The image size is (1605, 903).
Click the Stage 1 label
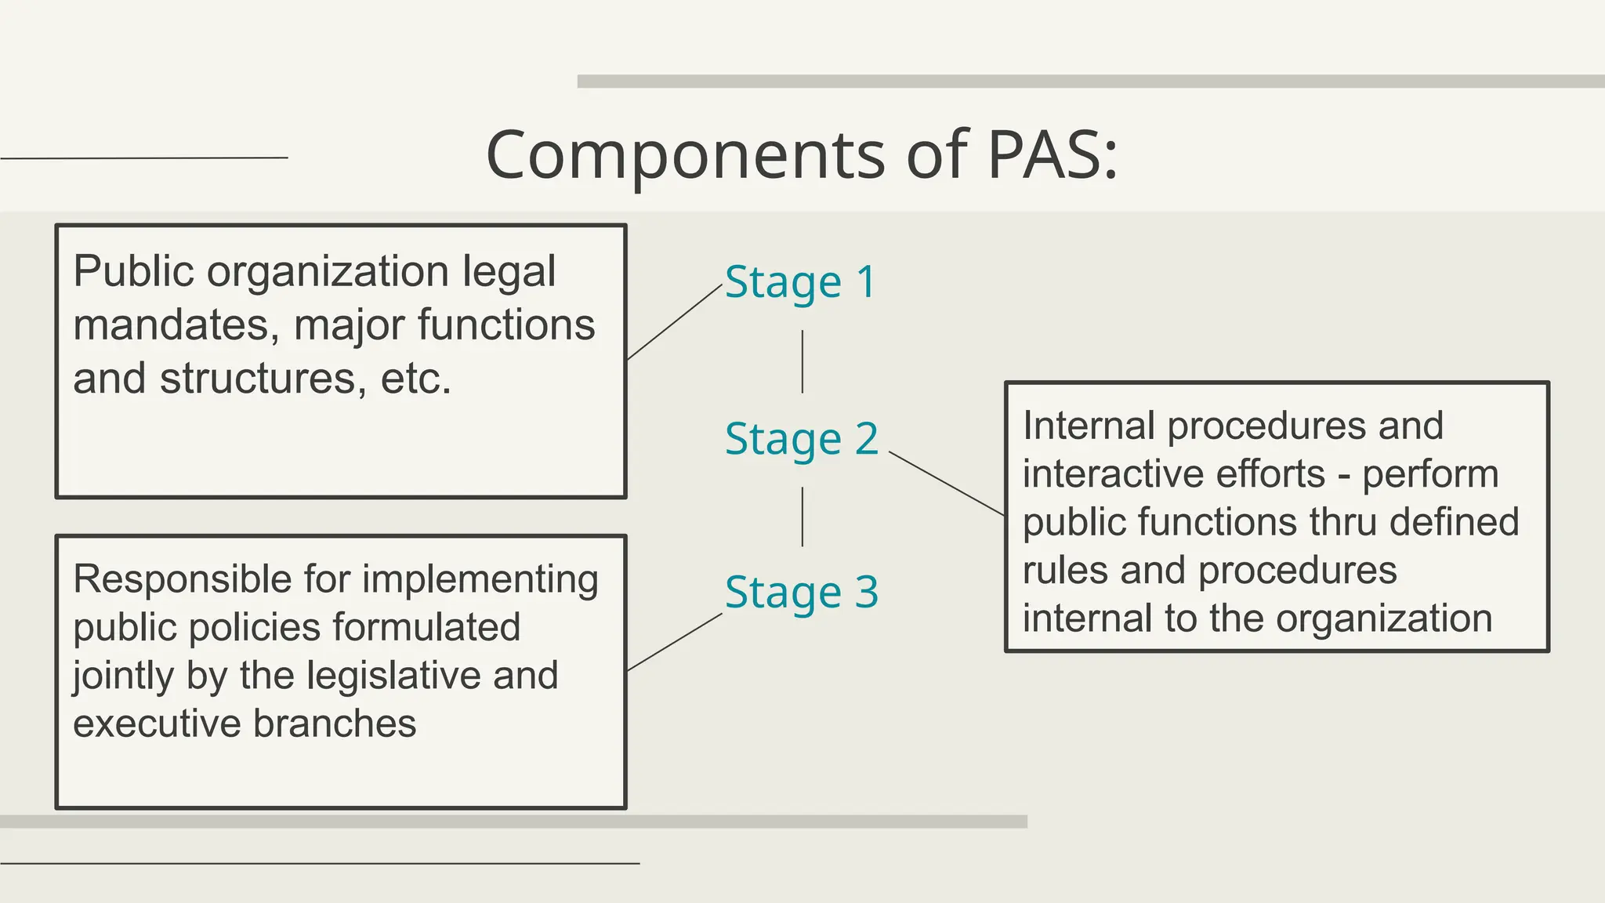coord(800,282)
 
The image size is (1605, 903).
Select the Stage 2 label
coord(802,439)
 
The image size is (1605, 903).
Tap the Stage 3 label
coord(802,593)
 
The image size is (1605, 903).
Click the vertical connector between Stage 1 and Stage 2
coord(802,361)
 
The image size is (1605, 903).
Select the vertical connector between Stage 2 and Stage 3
coord(802,517)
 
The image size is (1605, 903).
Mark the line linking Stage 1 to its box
coord(675,322)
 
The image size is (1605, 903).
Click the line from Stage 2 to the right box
coord(947,484)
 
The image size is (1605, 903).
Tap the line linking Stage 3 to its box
coord(675,642)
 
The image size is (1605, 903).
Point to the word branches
coord(335,723)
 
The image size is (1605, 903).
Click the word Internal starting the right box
coord(1089,426)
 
